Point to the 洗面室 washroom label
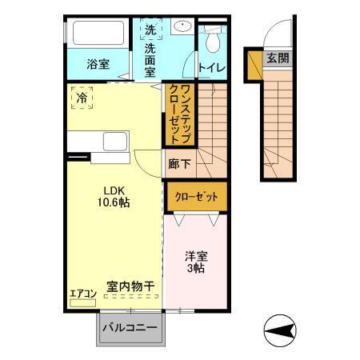point(150,59)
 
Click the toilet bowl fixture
point(212,40)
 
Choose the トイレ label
point(211,68)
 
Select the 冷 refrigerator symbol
point(82,97)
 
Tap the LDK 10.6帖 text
point(114,196)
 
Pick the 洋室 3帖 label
point(197,262)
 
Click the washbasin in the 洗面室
point(183,26)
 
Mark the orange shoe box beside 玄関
point(254,65)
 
